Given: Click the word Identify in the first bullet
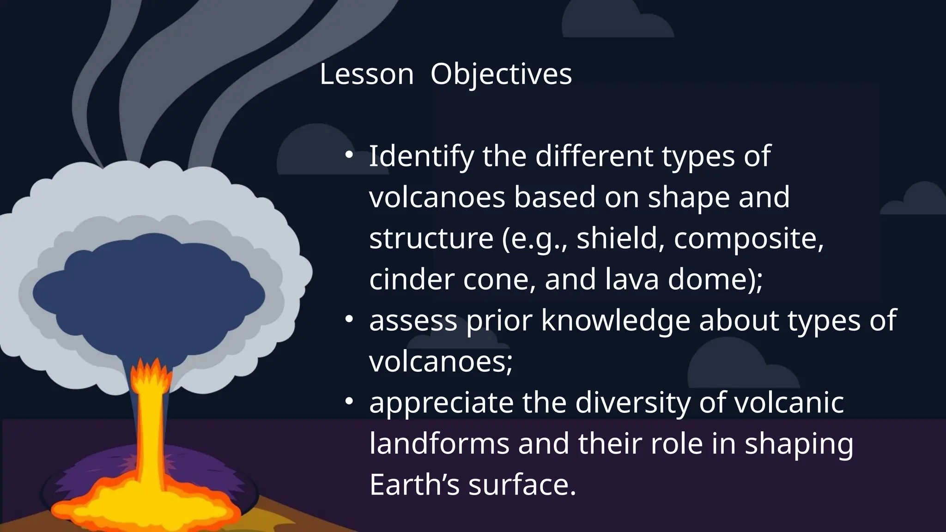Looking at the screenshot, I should pos(421,157).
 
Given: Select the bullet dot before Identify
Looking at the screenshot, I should pos(349,155).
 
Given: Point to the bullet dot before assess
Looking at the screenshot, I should pos(349,319).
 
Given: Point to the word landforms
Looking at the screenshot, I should pos(439,443).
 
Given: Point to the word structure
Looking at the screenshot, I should pos(431,239).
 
